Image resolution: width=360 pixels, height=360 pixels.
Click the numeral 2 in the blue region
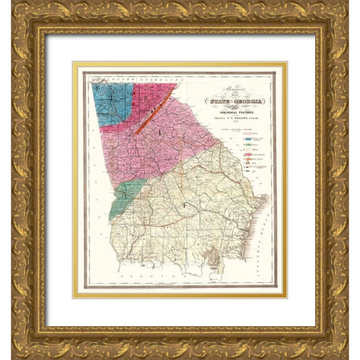click(x=103, y=88)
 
